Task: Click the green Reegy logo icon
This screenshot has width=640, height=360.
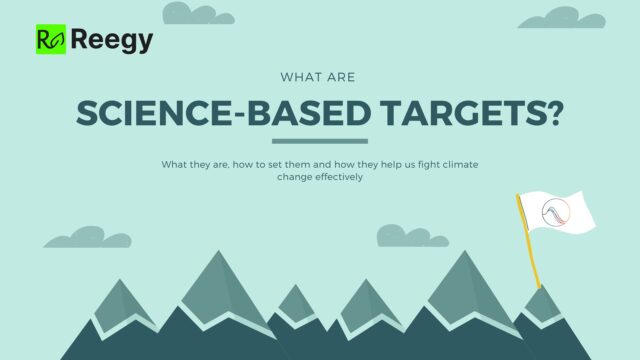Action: (x=50, y=39)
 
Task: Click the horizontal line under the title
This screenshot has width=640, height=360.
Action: (x=320, y=141)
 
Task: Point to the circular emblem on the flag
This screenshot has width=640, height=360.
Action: (x=556, y=213)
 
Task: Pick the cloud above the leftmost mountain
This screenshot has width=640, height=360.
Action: (x=74, y=237)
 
